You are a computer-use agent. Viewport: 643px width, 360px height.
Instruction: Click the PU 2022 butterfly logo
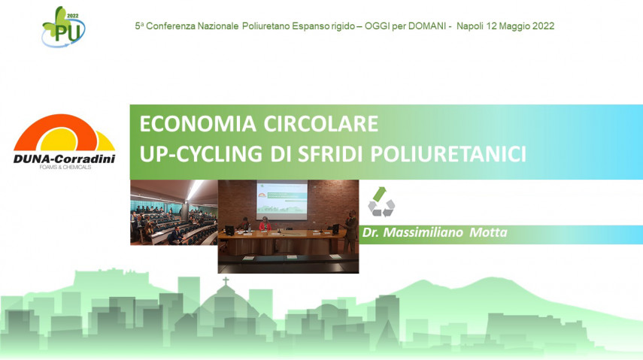(63, 27)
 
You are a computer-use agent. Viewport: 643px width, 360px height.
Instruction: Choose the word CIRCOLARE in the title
(320, 124)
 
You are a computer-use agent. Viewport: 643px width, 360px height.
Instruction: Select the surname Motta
(488, 233)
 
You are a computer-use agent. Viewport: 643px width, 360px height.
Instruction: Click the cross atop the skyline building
(225, 282)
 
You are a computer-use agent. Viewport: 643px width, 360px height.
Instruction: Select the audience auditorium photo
(173, 213)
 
